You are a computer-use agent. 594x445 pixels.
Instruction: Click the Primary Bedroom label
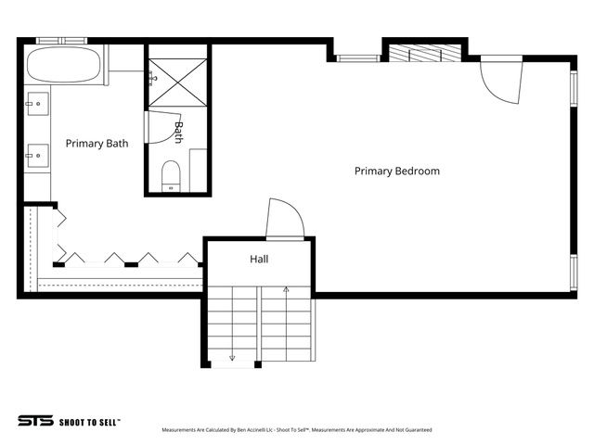coord(396,171)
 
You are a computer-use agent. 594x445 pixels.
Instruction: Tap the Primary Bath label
coord(97,144)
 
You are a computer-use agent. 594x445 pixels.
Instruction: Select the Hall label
coord(259,260)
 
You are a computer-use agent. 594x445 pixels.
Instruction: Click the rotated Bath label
coord(179,132)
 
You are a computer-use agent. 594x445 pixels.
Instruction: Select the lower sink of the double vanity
coord(37,155)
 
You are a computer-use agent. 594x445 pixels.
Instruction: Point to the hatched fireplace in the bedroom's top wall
coord(422,54)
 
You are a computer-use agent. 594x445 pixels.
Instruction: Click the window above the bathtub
coord(61,41)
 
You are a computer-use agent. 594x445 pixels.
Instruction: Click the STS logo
coord(34,421)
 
